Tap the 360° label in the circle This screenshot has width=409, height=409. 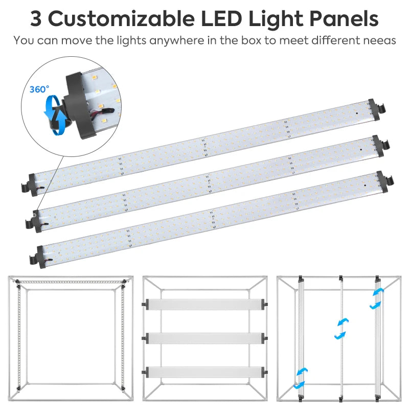[39, 89]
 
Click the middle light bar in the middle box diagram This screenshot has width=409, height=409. [204, 338]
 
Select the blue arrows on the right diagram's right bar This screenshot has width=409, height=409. [376, 298]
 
